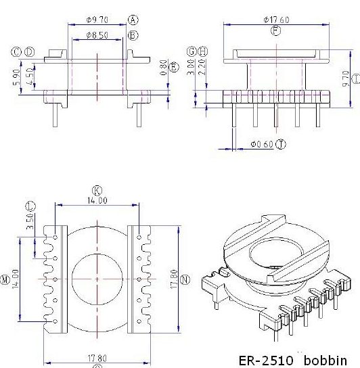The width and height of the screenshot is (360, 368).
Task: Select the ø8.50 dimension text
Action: coord(97,34)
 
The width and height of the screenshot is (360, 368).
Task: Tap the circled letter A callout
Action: coord(133,20)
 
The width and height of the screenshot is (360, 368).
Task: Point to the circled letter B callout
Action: coord(133,34)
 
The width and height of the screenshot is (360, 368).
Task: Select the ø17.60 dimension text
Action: coord(276,20)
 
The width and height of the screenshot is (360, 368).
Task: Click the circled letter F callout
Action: coord(275,30)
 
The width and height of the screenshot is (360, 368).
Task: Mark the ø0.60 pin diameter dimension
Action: coord(260,144)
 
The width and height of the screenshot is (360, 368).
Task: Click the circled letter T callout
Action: coord(281,144)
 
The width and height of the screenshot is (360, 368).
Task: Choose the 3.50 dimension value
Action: coord(29,223)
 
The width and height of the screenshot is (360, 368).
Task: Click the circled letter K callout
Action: coord(97,191)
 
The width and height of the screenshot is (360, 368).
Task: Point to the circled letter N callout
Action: coord(186,279)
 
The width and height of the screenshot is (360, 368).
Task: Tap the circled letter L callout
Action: coord(29,206)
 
